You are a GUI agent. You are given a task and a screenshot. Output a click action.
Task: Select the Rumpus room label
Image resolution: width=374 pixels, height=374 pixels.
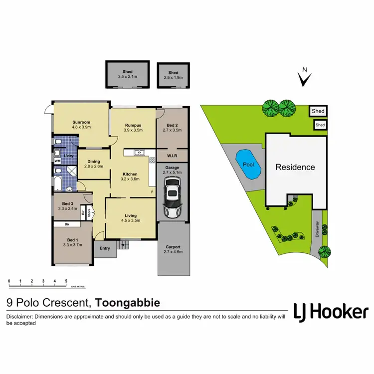click(133, 125)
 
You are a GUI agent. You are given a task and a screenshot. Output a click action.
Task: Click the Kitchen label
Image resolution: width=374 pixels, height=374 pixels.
click(131, 174)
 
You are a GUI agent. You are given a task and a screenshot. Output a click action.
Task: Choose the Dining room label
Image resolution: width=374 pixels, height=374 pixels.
click(93, 162)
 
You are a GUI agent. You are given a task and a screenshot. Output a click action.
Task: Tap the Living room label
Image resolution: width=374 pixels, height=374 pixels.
click(131, 215)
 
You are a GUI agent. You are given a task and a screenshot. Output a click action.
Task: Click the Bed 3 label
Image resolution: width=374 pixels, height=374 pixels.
click(68, 203)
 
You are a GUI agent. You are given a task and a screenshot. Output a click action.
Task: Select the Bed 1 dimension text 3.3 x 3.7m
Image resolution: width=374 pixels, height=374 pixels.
click(72, 244)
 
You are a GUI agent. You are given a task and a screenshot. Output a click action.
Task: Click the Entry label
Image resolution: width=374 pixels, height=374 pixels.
click(105, 248)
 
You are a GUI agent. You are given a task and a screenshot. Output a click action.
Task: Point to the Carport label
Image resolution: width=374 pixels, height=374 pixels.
click(173, 247)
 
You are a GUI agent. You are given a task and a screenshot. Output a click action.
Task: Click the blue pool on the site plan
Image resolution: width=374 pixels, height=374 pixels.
click(248, 164)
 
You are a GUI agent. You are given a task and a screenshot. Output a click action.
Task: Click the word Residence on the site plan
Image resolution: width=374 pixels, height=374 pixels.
click(295, 167)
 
